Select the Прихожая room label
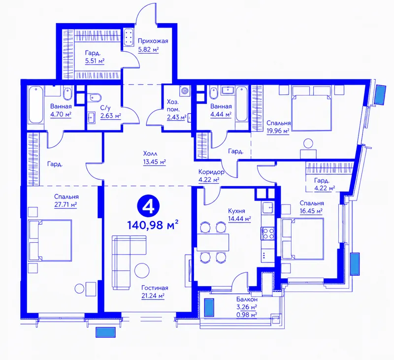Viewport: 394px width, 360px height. (153, 41)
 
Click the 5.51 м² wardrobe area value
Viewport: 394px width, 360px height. (95, 61)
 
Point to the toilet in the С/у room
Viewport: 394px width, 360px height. (95, 98)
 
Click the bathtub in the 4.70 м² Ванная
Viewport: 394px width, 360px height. (35, 104)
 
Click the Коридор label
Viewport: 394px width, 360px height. (211, 172)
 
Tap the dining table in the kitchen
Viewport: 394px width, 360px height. (213, 242)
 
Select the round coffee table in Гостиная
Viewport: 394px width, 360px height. (142, 270)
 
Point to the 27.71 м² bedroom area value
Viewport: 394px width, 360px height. (66, 204)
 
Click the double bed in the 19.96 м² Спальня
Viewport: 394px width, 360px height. (311, 108)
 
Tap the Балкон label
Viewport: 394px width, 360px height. (247, 299)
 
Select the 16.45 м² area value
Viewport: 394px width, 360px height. (311, 211)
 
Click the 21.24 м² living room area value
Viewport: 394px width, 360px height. (153, 296)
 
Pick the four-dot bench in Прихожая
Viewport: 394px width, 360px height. (130, 37)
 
